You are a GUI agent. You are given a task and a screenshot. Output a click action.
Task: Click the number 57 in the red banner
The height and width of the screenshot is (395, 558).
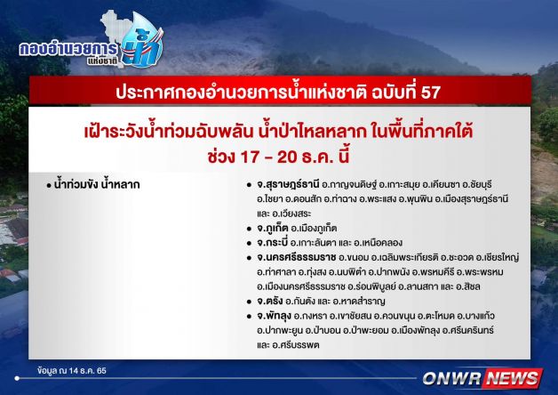(431, 93)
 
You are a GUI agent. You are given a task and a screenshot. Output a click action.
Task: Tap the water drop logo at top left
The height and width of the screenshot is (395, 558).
(143, 40)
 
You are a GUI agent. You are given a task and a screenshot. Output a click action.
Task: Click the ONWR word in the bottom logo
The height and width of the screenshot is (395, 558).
(452, 378)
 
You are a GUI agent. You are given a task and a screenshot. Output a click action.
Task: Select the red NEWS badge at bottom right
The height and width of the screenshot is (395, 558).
(513, 378)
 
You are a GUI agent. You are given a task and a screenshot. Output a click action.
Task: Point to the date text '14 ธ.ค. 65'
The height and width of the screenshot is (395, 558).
(88, 371)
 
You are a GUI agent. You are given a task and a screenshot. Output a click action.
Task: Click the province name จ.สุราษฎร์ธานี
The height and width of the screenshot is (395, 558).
(288, 185)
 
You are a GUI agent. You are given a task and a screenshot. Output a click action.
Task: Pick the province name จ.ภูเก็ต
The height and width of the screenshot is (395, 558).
(272, 228)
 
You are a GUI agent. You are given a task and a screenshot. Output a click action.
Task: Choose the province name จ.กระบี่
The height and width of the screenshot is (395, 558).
(272, 243)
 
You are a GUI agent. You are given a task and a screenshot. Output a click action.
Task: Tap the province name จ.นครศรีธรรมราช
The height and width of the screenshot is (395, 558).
(297, 257)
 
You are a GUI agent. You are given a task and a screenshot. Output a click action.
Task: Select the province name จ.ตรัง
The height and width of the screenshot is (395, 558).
(270, 301)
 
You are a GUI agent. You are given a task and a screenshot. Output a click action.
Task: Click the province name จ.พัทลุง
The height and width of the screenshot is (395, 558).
(274, 316)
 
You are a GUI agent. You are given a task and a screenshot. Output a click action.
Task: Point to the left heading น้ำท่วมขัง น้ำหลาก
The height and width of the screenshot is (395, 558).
(97, 184)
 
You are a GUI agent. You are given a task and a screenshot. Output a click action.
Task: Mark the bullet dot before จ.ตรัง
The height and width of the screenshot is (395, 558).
(249, 302)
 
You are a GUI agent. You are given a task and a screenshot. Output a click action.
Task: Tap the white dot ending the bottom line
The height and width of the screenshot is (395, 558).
(17, 378)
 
